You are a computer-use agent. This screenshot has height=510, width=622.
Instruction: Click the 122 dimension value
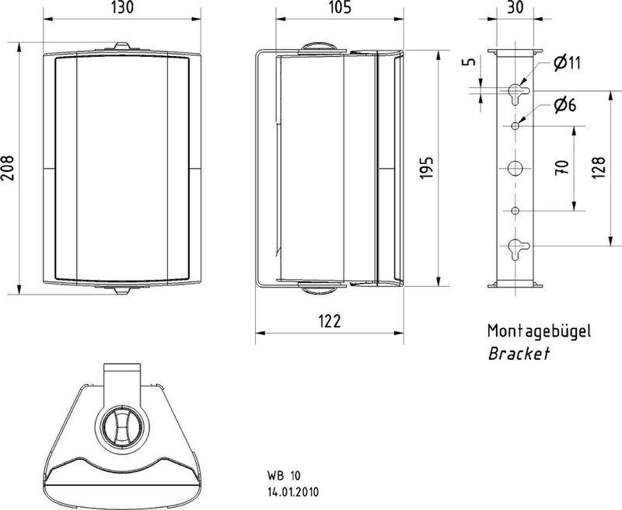pos(329,320)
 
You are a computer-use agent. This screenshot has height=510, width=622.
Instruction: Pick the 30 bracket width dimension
pos(514,9)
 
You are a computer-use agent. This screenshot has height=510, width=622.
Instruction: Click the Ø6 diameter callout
pos(564,105)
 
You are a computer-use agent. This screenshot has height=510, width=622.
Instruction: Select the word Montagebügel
pos(539,331)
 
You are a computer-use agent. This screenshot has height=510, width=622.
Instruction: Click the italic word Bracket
pos(519,354)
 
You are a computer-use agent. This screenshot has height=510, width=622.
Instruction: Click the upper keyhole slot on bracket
pos(515,93)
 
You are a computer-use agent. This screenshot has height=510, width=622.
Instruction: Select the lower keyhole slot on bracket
pos(515,247)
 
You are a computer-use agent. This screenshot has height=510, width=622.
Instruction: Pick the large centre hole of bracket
pos(515,168)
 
